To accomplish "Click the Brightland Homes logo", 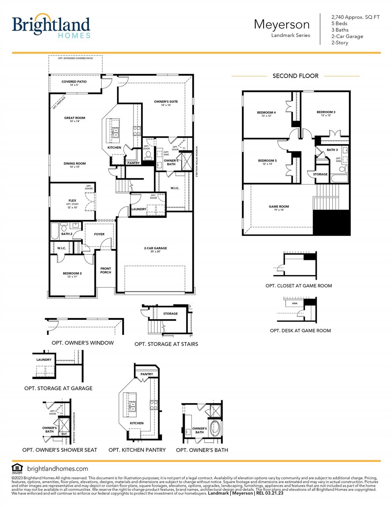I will [51, 26].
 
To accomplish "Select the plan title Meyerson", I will [281, 24].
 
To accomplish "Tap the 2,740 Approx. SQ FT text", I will [355, 17].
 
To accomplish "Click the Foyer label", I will [99, 234].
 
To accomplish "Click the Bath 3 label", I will [332, 150].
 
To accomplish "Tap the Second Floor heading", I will [295, 76].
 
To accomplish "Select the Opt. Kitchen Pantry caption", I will [137, 450].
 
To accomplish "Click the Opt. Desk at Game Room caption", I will [300, 330].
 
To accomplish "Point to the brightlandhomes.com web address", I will [57, 469].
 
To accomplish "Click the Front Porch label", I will [106, 270].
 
